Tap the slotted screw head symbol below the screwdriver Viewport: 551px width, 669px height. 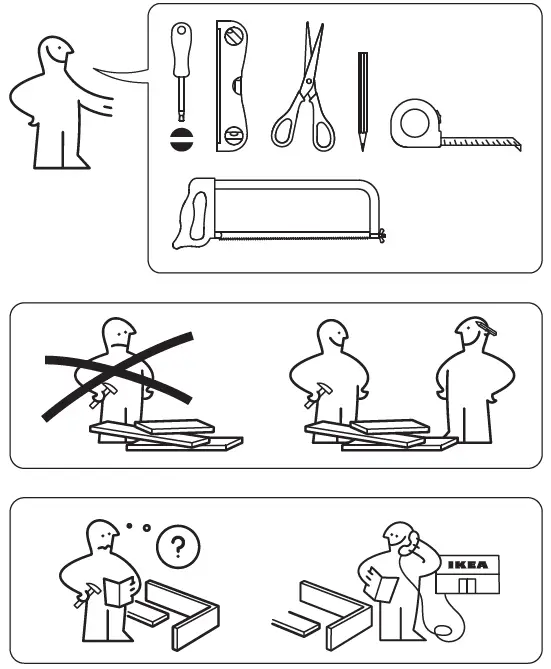pos(182,138)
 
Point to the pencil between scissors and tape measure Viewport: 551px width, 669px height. pos(362,100)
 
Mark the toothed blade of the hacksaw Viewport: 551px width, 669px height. pos(300,236)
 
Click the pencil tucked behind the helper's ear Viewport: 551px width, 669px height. pos(484,328)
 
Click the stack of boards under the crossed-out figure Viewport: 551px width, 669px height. pos(165,435)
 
